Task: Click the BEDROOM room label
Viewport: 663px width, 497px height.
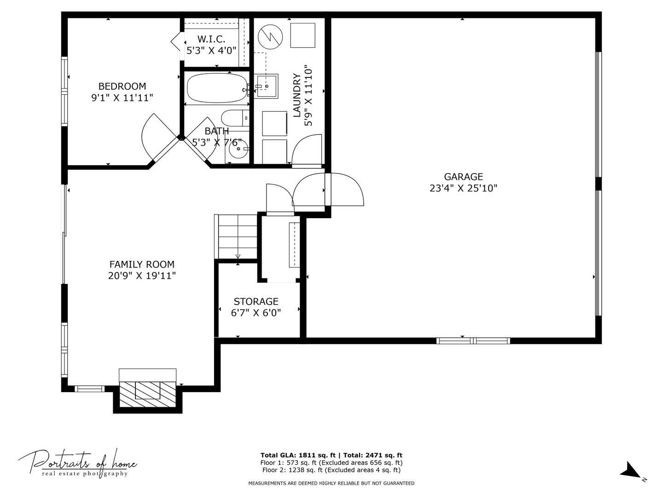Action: pyautogui.click(x=122, y=87)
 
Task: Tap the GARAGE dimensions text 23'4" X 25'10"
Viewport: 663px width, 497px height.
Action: pyautogui.click(x=463, y=188)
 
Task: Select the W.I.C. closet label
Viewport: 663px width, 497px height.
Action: pyautogui.click(x=211, y=39)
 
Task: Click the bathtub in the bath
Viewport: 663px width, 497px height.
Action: pyautogui.click(x=216, y=88)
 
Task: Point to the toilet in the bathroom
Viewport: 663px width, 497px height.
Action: pyautogui.click(x=235, y=118)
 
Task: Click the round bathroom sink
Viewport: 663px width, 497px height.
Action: pyautogui.click(x=238, y=149)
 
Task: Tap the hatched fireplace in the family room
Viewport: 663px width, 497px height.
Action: pyautogui.click(x=147, y=394)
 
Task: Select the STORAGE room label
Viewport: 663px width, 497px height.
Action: pyautogui.click(x=256, y=301)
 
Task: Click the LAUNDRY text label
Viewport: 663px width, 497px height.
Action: pyautogui.click(x=297, y=95)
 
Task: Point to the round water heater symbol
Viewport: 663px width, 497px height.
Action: pyautogui.click(x=270, y=37)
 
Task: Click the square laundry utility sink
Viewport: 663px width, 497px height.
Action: pyautogui.click(x=266, y=87)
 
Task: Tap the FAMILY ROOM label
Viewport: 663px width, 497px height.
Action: pyautogui.click(x=142, y=264)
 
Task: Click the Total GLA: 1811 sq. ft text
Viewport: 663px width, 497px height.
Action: pyautogui.click(x=298, y=456)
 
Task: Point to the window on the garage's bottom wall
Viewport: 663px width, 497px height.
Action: pyautogui.click(x=473, y=341)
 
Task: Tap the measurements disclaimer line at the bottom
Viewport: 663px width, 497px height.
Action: pyautogui.click(x=331, y=483)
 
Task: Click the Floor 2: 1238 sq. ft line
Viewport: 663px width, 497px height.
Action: pyautogui.click(x=331, y=470)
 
